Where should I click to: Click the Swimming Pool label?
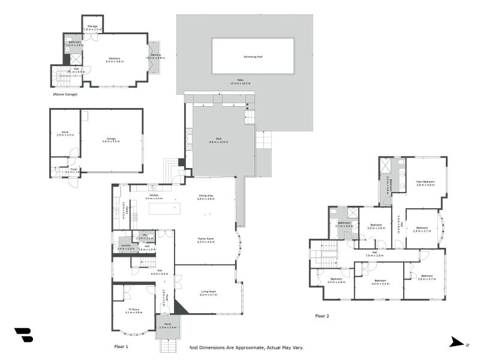coord(253,56)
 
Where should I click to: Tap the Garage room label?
coord(111,139)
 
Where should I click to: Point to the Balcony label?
coord(155,56)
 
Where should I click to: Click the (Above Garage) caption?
coord(65,94)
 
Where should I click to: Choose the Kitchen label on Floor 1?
coord(154,196)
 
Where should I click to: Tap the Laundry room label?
coord(125,246)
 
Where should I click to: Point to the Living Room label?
coord(208,293)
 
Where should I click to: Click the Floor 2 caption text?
coord(322,316)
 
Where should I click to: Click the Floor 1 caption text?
coord(122,347)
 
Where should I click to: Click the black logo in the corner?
coord(23,335)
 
